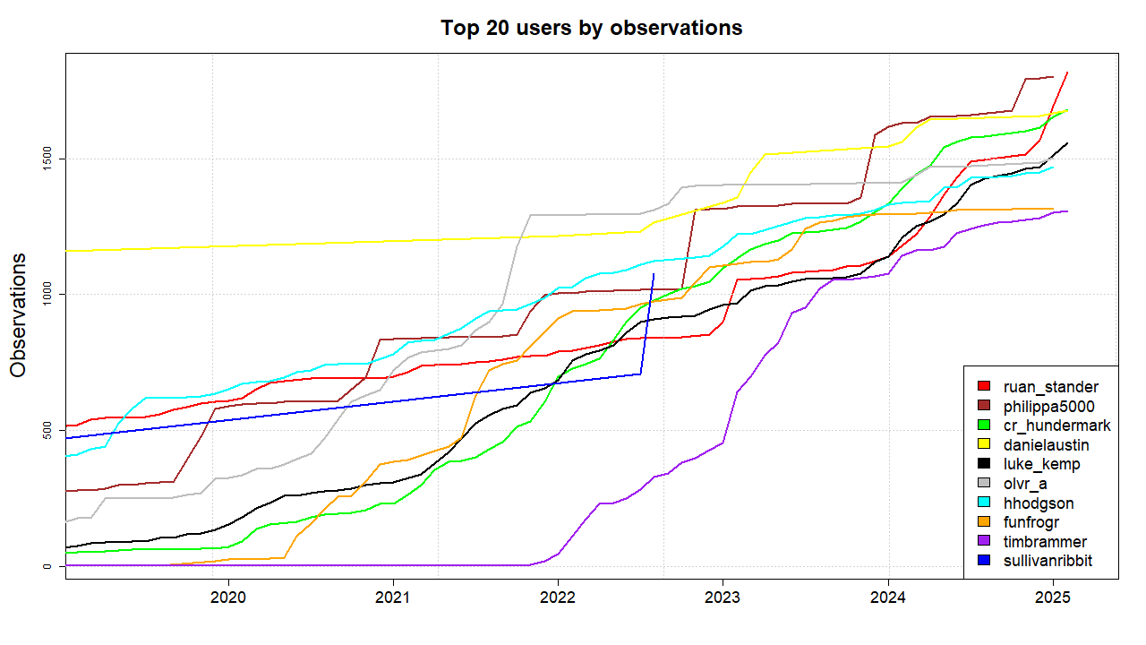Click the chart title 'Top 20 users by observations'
pyautogui.click(x=592, y=28)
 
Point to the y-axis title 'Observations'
pyautogui.click(x=18, y=315)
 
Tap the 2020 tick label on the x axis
pyautogui.click(x=228, y=598)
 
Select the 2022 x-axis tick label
pyautogui.click(x=558, y=598)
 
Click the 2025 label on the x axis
pyautogui.click(x=1053, y=598)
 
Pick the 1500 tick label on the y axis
pyautogui.click(x=47, y=159)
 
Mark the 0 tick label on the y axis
pyautogui.click(x=47, y=566)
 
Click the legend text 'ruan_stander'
pyautogui.click(x=1051, y=387)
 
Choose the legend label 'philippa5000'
pyautogui.click(x=1048, y=407)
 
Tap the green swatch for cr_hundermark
pyautogui.click(x=984, y=425)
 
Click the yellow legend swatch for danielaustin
pyautogui.click(x=984, y=443)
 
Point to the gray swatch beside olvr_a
pyautogui.click(x=984, y=483)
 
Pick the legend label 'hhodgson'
pyautogui.click(x=1039, y=503)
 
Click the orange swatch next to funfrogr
pyautogui.click(x=984, y=521)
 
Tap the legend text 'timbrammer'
pyautogui.click(x=1045, y=542)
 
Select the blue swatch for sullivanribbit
pyautogui.click(x=984, y=560)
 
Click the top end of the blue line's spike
pyautogui.click(x=654, y=274)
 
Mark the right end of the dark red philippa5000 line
pyautogui.click(x=1054, y=77)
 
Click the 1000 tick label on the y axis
pyautogui.click(x=47, y=295)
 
